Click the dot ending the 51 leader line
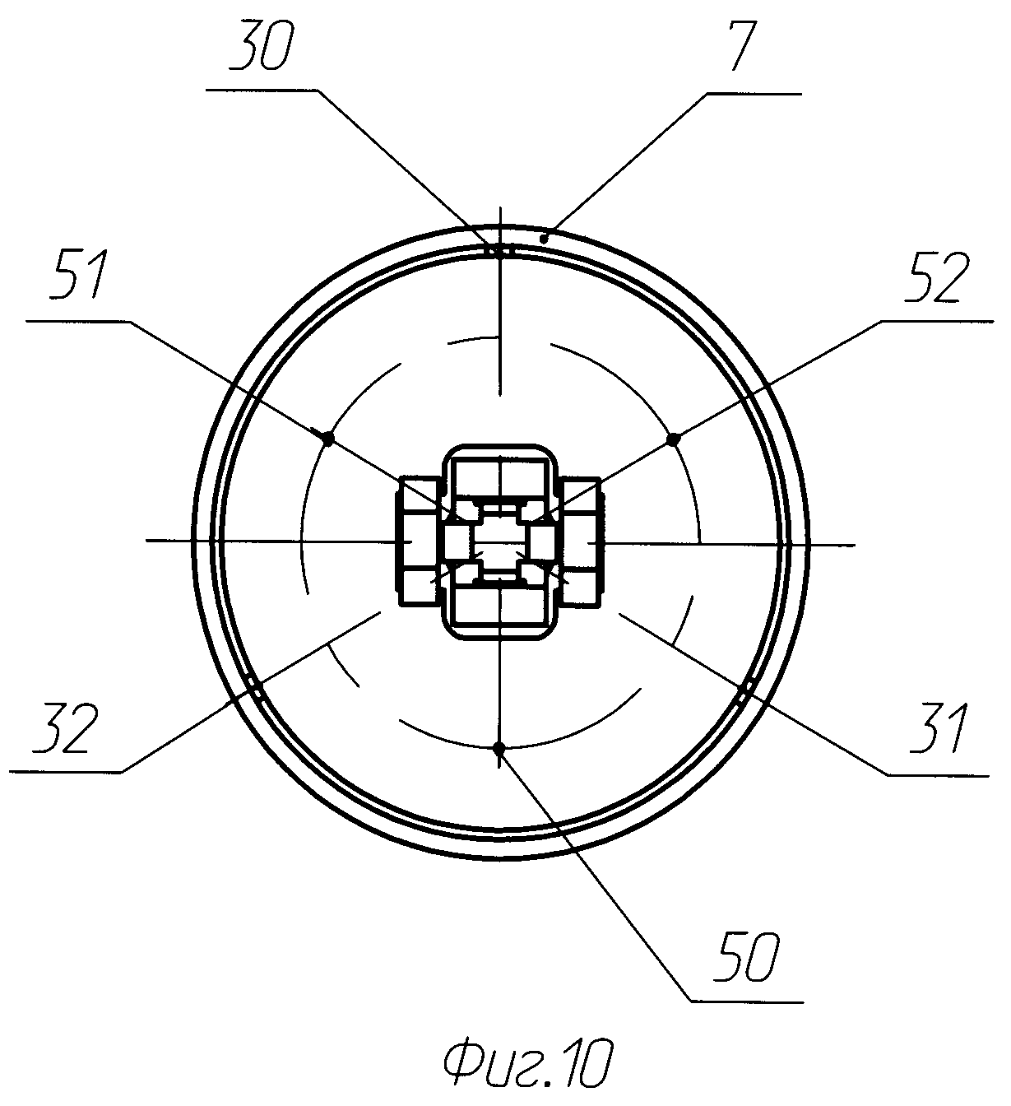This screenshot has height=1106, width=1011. click(x=327, y=439)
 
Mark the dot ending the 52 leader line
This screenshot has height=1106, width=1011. click(x=673, y=439)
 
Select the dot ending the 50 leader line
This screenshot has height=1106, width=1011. click(x=499, y=747)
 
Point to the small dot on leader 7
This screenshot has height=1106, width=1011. click(x=543, y=239)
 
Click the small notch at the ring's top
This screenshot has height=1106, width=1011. click(x=499, y=252)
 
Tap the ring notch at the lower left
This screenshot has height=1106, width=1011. click(x=254, y=686)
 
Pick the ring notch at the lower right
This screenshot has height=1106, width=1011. click(x=747, y=686)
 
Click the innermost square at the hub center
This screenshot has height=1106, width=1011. click(x=499, y=542)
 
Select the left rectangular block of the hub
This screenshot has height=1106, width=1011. click(x=420, y=542)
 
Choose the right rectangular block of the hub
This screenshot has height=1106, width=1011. click(x=581, y=542)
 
